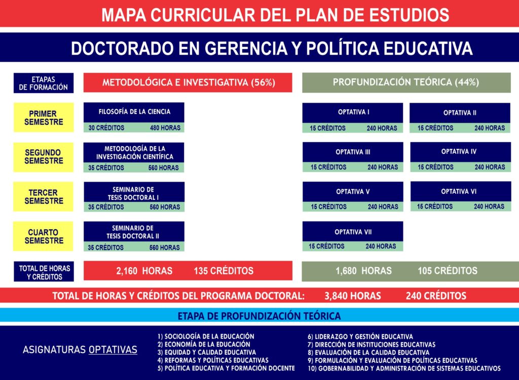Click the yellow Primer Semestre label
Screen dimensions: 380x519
pos(44,118)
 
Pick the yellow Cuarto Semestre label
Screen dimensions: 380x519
pos(44,236)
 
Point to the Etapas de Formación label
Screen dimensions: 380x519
pos(44,83)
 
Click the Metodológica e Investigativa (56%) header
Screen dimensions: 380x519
pos(188,82)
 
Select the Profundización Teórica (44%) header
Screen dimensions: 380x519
pos(406,82)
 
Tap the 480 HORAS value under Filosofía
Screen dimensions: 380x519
pos(165,128)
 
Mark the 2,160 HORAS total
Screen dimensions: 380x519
pos(144,271)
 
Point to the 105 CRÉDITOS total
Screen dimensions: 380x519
pos(447,271)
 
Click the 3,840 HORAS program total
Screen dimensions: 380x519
pos(353,295)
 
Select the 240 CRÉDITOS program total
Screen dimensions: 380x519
pos(436,295)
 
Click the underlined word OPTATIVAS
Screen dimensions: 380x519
pos(113,350)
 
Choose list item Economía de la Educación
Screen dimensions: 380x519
pos(204,344)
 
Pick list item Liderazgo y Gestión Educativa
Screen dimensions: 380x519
pos(360,336)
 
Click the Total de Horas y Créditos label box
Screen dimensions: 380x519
pos(44,272)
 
